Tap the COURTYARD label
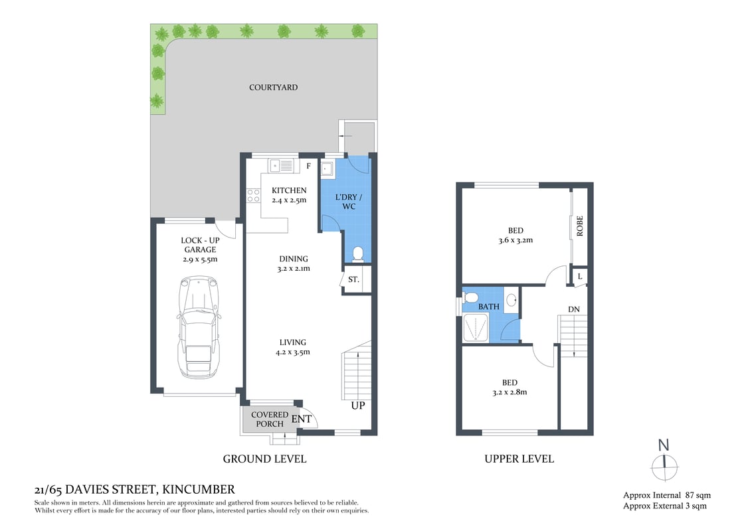pyautogui.click(x=273, y=88)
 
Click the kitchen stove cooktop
pyautogui.click(x=253, y=195)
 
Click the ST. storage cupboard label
pyautogui.click(x=354, y=280)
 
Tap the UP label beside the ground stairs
pyautogui.click(x=357, y=406)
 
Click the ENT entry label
pyautogui.click(x=301, y=419)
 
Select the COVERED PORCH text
pyautogui.click(x=269, y=419)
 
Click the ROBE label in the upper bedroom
pyautogui.click(x=580, y=226)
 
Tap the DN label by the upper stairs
pyautogui.click(x=575, y=309)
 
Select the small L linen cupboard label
pyautogui.click(x=580, y=275)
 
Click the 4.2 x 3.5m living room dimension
pyautogui.click(x=292, y=352)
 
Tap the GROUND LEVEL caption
pyautogui.click(x=264, y=459)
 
